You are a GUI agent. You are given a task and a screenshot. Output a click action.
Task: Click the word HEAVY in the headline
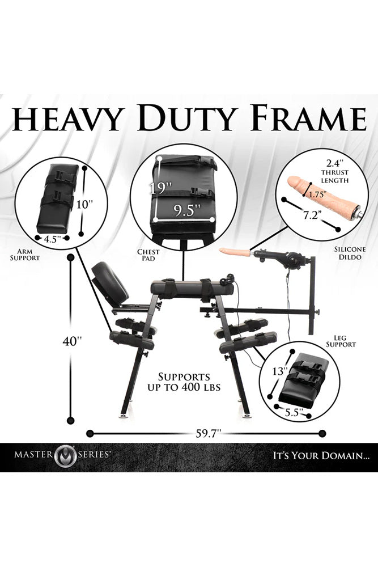click(x=66, y=119)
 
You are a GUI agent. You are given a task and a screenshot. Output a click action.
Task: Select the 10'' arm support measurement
click(x=85, y=205)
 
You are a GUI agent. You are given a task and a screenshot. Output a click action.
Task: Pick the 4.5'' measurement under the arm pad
click(x=52, y=239)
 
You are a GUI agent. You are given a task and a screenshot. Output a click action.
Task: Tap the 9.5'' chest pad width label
click(x=186, y=210)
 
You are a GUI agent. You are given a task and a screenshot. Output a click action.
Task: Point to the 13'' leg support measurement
click(x=280, y=371)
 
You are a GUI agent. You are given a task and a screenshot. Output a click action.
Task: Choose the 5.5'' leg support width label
click(x=294, y=413)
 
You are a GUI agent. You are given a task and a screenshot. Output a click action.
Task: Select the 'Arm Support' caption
click(x=24, y=255)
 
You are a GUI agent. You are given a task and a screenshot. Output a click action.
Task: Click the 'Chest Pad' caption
click(x=148, y=255)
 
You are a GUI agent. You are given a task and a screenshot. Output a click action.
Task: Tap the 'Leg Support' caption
click(x=341, y=341)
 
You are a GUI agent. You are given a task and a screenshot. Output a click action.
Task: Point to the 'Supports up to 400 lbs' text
click(x=184, y=382)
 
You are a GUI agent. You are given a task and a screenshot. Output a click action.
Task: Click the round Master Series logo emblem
click(x=65, y=454)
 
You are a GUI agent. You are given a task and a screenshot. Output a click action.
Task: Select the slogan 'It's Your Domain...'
click(x=319, y=455)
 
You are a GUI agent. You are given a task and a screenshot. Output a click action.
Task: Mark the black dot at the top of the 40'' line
click(x=71, y=257)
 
